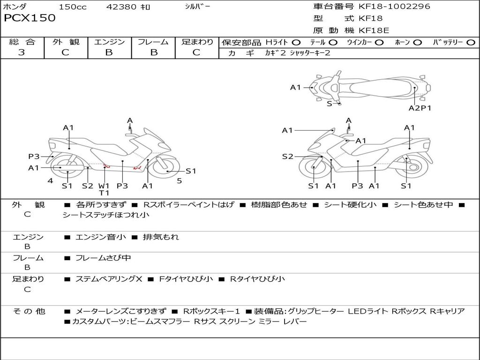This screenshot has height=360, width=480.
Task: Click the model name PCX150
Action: pos(30,18)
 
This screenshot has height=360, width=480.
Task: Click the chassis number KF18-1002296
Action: pos(394,7)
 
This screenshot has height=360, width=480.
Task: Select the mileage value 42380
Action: pos(121,7)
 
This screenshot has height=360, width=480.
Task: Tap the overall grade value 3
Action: pos(22,52)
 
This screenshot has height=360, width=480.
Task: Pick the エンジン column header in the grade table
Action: pos(109,42)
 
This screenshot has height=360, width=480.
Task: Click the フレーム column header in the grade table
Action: pos(153,42)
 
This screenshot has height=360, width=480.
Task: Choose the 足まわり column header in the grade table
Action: pos(197,42)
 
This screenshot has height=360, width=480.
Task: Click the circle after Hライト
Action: pos(296,42)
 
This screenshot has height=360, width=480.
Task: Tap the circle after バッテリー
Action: pos(471,42)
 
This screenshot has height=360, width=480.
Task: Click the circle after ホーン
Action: pos(418,42)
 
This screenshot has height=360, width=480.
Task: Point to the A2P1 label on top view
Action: pos(420,108)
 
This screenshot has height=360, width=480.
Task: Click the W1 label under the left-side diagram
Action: pos(104,185)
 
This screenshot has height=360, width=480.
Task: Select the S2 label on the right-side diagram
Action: pos(287,157)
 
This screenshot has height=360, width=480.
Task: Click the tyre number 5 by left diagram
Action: pos(179,180)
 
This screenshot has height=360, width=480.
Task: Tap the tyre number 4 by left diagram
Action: pos(50,180)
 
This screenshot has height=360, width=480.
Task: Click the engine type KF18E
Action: pos(374,31)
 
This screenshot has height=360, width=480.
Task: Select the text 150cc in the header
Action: pos(73,7)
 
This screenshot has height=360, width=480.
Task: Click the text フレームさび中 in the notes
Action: pos(103,258)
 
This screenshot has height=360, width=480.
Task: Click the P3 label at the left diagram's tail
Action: pos(34,157)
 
